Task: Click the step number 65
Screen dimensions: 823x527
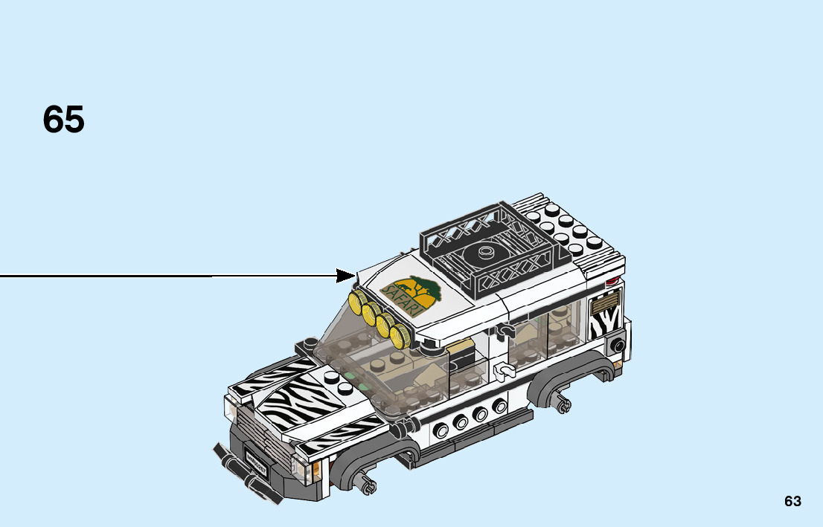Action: click(x=64, y=120)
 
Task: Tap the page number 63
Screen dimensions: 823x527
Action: click(x=792, y=501)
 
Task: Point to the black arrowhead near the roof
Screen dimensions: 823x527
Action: click(x=347, y=276)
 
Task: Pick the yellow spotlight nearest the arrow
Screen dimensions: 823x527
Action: click(x=357, y=302)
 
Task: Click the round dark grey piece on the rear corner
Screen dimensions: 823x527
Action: click(x=616, y=345)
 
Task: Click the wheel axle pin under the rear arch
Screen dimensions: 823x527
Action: click(x=563, y=404)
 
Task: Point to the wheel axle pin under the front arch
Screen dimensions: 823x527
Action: click(x=366, y=488)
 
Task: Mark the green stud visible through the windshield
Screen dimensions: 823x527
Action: click(x=365, y=387)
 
